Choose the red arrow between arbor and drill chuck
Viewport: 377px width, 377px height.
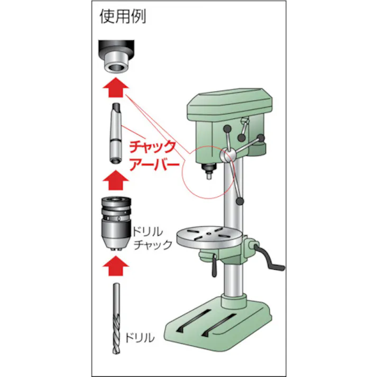tap(115, 180)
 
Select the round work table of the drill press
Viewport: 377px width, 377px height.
tap(209, 236)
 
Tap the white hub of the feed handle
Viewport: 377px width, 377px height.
tap(228, 155)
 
